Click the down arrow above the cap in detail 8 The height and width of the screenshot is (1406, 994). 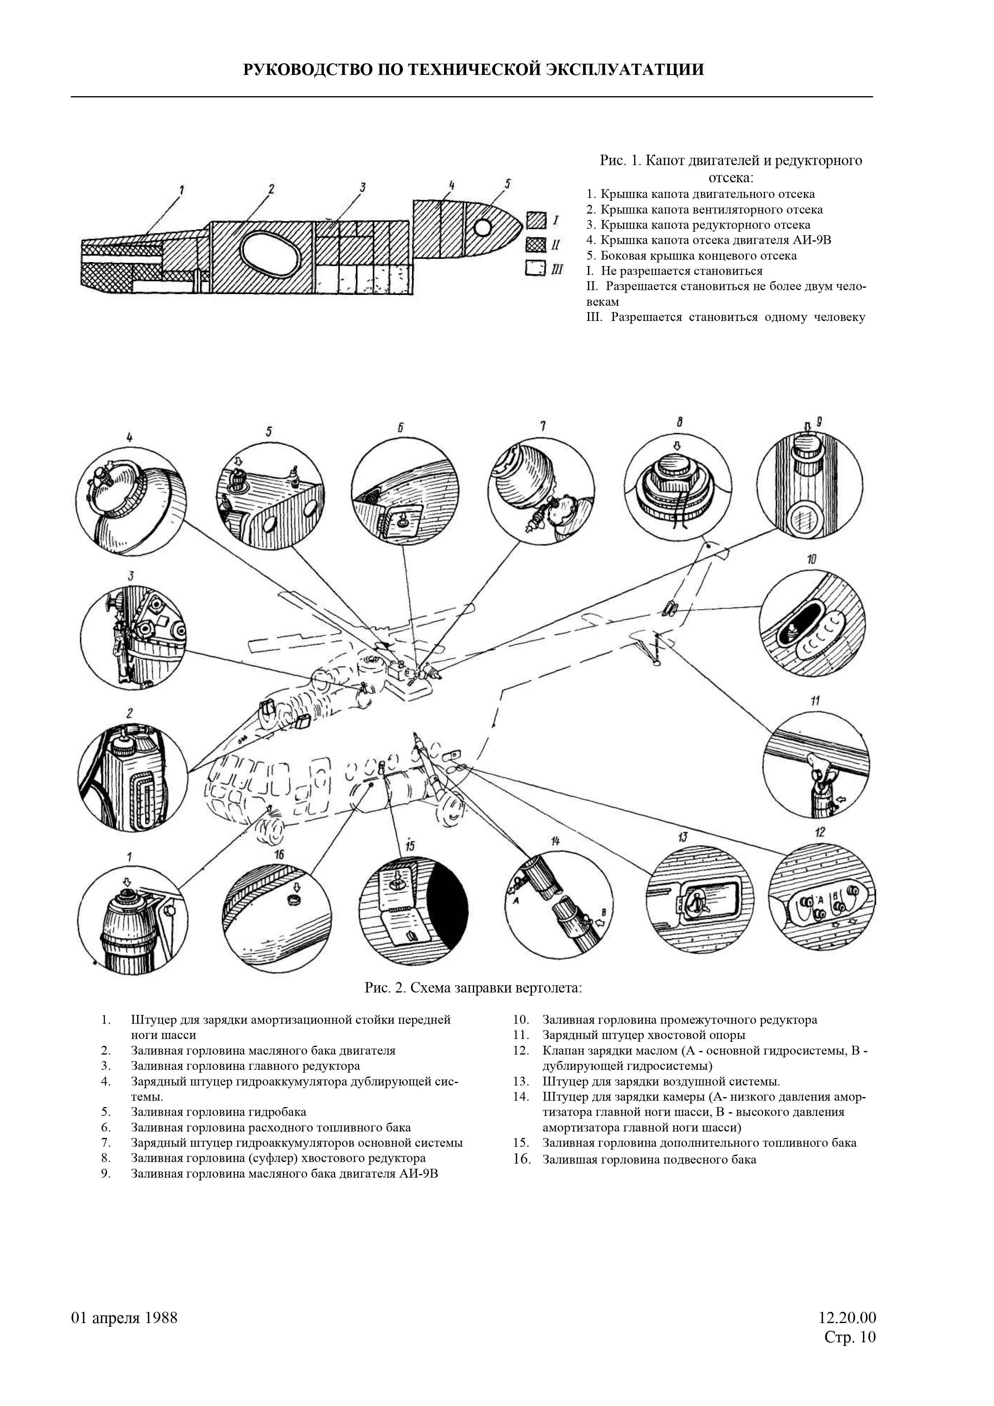pyautogui.click(x=677, y=445)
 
